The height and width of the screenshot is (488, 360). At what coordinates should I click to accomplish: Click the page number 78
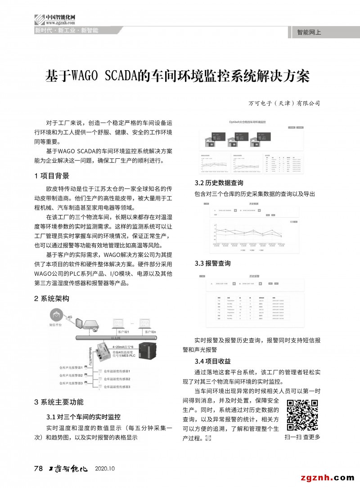coord(39,468)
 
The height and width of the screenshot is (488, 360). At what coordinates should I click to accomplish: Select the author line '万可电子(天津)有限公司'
coord(284,103)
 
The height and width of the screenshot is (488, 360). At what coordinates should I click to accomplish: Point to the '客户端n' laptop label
coord(151,332)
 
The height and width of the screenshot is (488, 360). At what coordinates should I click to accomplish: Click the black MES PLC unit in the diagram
coord(150,353)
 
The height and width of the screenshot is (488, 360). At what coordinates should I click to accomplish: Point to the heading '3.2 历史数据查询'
coord(219,183)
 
